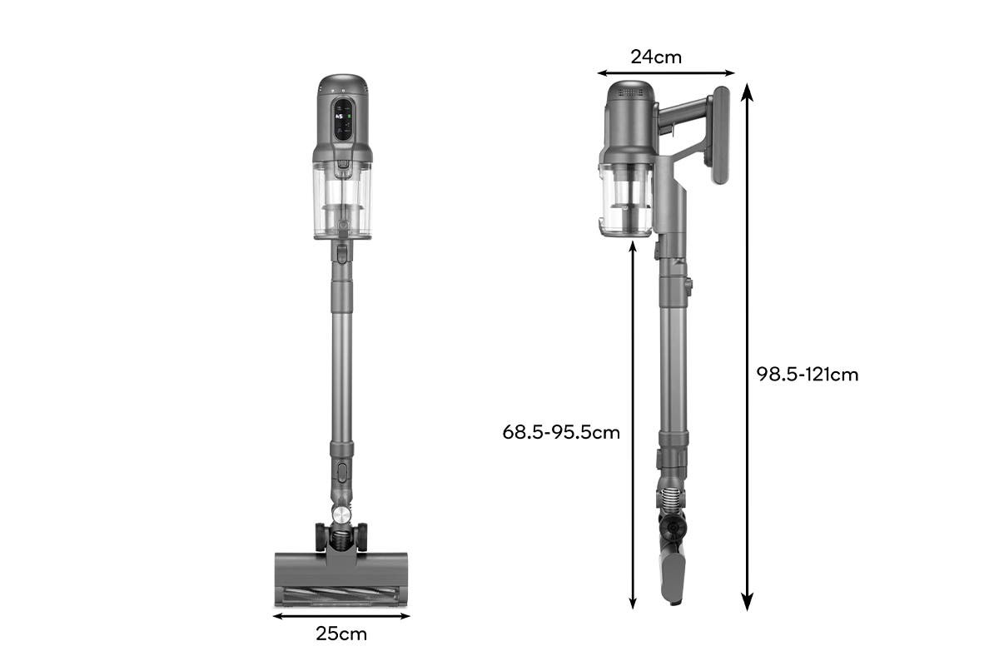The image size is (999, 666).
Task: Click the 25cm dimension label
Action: point(341,634)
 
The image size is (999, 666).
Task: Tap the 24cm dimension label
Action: point(656,57)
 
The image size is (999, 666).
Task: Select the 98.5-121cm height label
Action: point(807,375)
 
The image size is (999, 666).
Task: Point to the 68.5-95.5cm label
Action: point(561,433)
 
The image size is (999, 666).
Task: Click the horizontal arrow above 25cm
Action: point(341,616)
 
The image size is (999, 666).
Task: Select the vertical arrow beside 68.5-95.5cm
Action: point(634,425)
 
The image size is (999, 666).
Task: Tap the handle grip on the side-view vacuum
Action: point(720,137)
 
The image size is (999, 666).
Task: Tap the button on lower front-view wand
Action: point(342,473)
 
